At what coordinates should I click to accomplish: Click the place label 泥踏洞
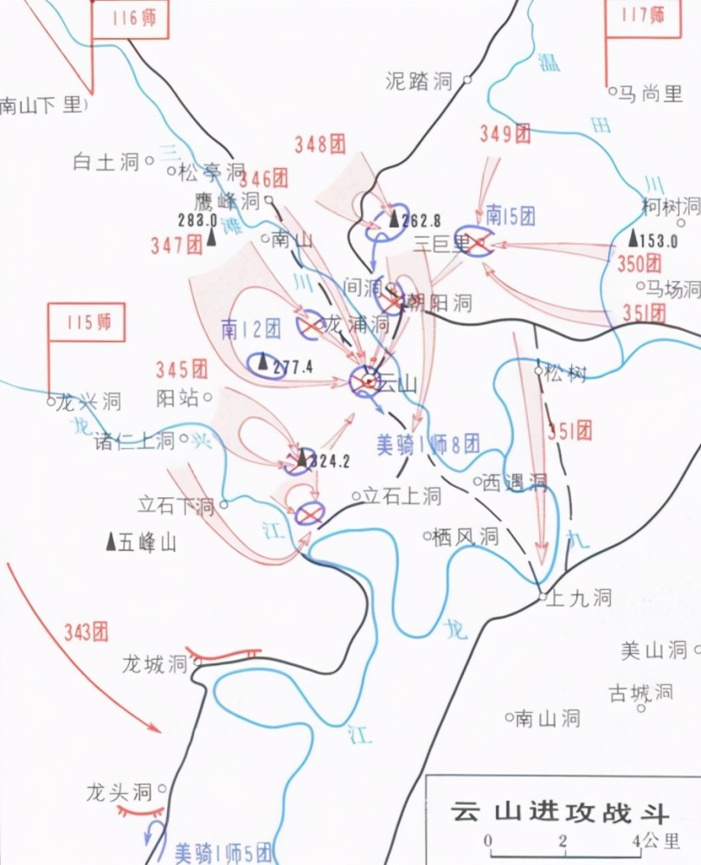420,81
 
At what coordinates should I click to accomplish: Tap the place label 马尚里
650,94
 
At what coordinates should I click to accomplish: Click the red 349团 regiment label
505,133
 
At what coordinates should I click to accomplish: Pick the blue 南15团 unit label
511,215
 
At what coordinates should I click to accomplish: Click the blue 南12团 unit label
251,328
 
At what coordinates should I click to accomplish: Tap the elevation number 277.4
292,367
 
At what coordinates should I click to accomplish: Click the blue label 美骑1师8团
428,445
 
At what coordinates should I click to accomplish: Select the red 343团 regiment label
86,631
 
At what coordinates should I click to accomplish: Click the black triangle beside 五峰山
111,541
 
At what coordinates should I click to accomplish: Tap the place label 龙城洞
154,664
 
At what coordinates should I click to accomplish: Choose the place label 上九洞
581,597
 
